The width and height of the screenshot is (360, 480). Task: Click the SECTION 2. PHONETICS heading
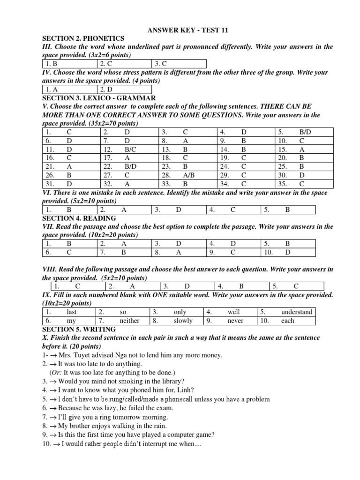coord(83,38)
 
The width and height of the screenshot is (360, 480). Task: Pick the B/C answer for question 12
coord(127,149)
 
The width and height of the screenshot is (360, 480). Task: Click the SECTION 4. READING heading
coord(79,218)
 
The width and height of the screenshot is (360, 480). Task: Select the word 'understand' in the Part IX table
coord(296,312)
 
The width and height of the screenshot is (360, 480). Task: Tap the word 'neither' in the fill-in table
coord(129,321)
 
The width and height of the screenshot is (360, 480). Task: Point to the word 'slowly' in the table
coord(183,321)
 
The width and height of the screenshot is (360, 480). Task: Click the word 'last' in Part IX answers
coord(71,312)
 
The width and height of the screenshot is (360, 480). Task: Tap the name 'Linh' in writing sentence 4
coord(184,390)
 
